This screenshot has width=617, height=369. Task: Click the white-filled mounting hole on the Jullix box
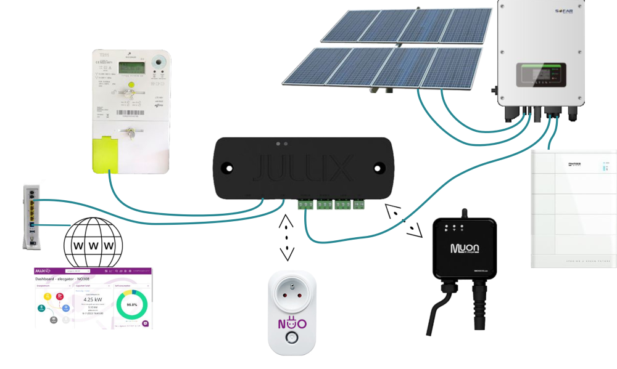228,168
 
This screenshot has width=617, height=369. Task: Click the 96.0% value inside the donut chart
131,304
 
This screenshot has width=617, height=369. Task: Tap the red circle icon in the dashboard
60,296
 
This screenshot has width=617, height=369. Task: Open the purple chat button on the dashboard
145,323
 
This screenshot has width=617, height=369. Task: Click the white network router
31,215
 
